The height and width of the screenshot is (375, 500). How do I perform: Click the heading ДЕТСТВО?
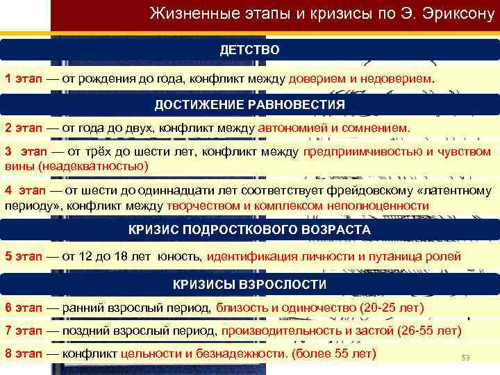(x=250, y=50)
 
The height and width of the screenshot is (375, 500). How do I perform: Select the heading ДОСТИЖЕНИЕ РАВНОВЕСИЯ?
(x=250, y=104)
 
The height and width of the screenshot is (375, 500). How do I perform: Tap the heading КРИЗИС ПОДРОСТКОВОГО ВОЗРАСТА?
(x=250, y=229)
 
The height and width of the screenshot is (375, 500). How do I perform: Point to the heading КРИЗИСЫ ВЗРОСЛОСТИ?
(x=250, y=284)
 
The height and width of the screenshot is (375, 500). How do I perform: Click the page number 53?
(x=466, y=358)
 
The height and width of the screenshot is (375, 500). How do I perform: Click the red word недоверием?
(x=395, y=78)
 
